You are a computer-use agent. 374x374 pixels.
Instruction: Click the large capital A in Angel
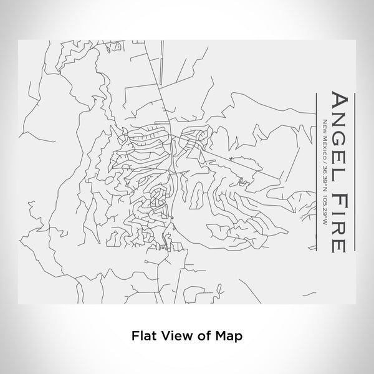[x=337, y=102]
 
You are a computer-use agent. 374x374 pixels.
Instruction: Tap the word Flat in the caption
[x=143, y=335]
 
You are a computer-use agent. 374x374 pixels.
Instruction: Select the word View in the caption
[x=173, y=335]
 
